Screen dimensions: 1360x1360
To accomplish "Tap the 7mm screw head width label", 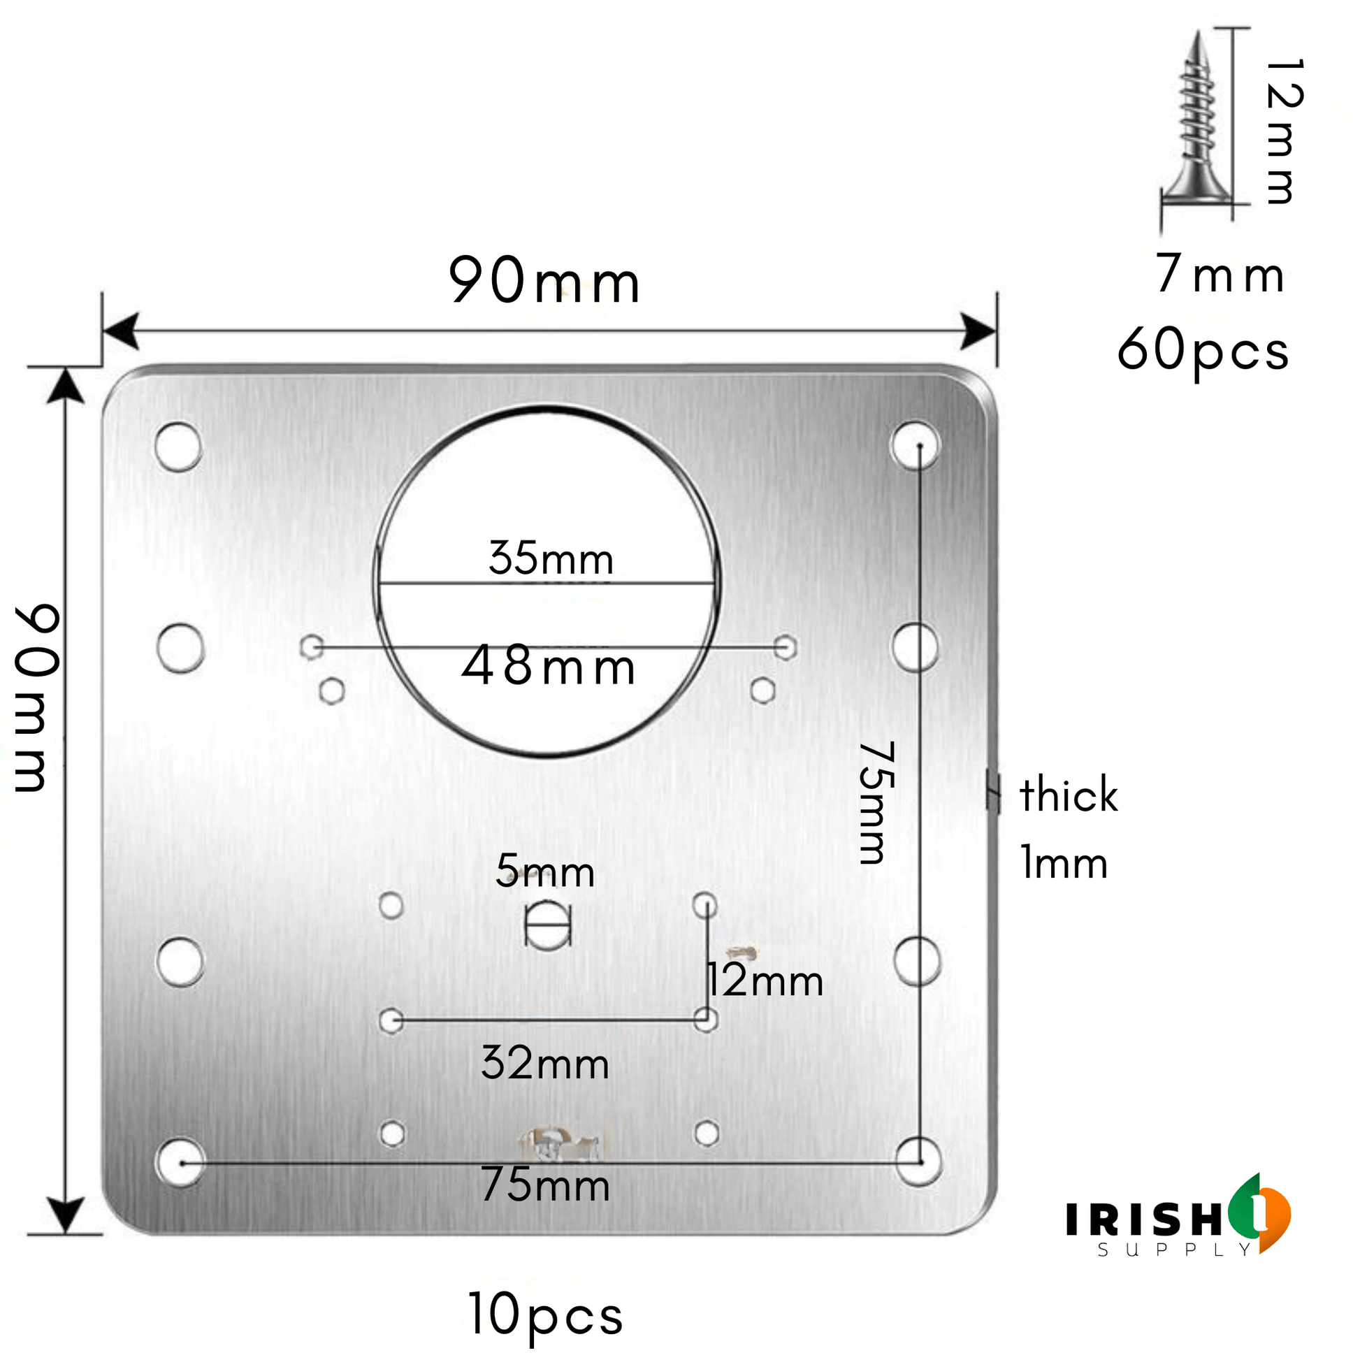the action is point(1220,273).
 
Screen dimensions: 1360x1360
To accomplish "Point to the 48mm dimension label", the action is point(549,666).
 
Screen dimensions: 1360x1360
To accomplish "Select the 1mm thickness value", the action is point(1064,863).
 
